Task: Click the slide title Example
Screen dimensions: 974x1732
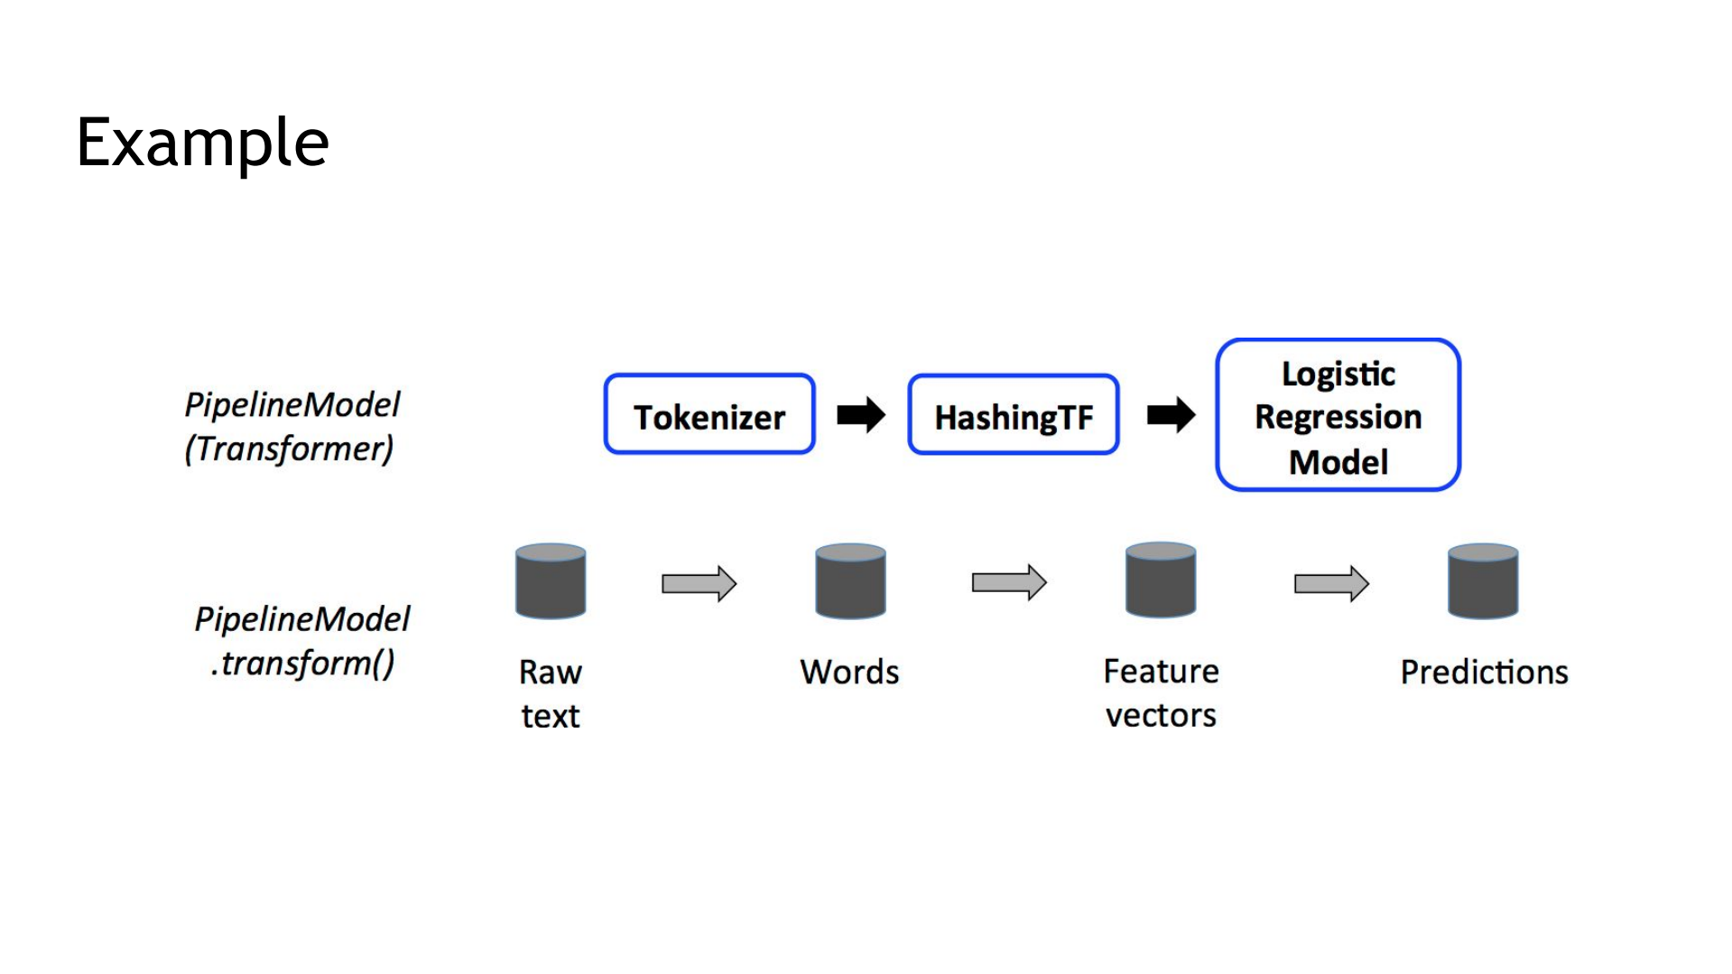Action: pyautogui.click(x=202, y=143)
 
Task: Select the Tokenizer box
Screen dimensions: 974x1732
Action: pyautogui.click(x=709, y=414)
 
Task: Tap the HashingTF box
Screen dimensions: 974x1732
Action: pyautogui.click(x=1014, y=414)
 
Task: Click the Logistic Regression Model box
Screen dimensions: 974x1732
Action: pyautogui.click(x=1338, y=414)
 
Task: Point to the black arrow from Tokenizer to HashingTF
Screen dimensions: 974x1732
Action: pyautogui.click(x=861, y=415)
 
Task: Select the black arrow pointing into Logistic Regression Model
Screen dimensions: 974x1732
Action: pyautogui.click(x=1171, y=415)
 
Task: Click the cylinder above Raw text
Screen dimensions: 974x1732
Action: pyautogui.click(x=551, y=581)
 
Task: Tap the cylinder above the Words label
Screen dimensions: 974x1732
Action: pyautogui.click(x=850, y=581)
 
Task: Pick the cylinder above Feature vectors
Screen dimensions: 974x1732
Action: pyautogui.click(x=1161, y=580)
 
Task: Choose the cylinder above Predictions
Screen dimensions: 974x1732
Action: pyautogui.click(x=1483, y=581)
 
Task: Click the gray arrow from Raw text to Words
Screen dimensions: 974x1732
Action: pyautogui.click(x=699, y=584)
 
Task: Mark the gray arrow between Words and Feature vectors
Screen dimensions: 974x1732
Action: pyautogui.click(x=1009, y=583)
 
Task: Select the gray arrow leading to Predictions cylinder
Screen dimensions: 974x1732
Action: pyautogui.click(x=1331, y=584)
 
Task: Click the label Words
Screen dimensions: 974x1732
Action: pyautogui.click(x=849, y=673)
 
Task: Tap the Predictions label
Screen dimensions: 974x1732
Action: pyautogui.click(x=1484, y=673)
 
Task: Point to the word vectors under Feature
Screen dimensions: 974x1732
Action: pyautogui.click(x=1161, y=716)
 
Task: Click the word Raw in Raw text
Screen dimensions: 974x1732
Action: pyautogui.click(x=551, y=673)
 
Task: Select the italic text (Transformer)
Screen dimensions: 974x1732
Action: pyautogui.click(x=289, y=449)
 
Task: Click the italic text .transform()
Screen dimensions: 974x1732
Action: pyautogui.click(x=302, y=663)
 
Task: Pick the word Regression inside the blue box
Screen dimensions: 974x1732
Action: pyautogui.click(x=1338, y=417)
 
